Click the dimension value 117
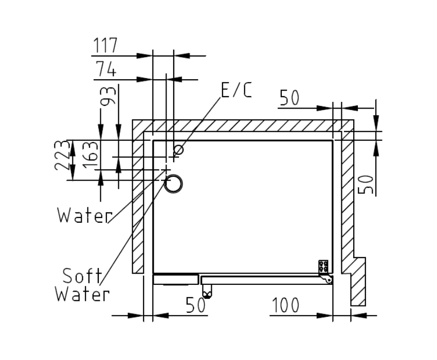pos(105,45)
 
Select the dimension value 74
pos(106,69)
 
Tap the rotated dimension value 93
pos(108,96)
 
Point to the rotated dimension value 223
pos(61,155)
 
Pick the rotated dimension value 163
pos(90,155)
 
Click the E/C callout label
pos(236,90)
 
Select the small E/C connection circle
pos(178,150)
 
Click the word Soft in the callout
pos(82,276)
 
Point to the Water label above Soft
pos(85,215)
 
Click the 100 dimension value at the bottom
pos(285,305)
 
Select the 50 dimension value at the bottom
pos(195,305)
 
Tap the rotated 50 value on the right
pos(366,184)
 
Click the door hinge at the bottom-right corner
pos(326,279)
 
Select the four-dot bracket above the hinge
pos(323,266)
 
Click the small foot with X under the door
pos(207,292)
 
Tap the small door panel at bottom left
pos(176,280)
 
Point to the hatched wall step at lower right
pos(358,282)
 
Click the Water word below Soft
pos(82,294)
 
